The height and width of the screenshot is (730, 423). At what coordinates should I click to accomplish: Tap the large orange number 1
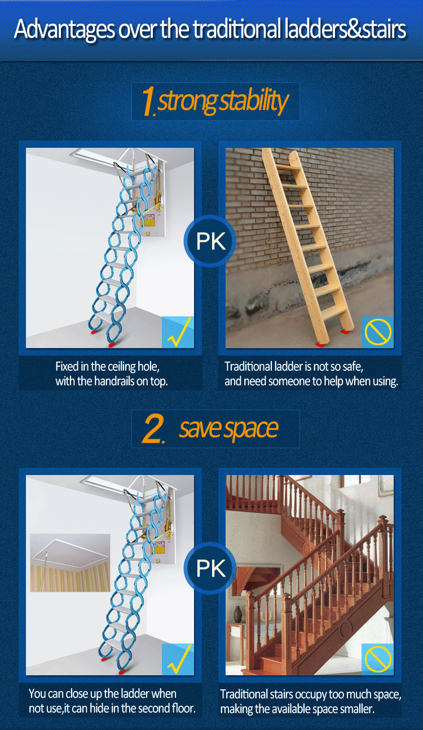pos(148,101)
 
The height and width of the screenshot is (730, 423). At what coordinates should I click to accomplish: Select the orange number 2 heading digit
pos(152,428)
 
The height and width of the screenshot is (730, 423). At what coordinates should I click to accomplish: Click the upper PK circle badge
pos(210,241)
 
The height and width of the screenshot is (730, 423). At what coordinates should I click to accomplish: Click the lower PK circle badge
pos(210,568)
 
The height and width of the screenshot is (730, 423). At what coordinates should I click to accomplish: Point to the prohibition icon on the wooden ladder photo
pos(378,332)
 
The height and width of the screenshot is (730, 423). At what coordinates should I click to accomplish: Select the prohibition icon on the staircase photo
pos(378,659)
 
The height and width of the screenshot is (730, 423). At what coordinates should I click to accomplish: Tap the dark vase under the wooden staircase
pos(238,614)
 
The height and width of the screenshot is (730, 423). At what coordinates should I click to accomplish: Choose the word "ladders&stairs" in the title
pos(345,29)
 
